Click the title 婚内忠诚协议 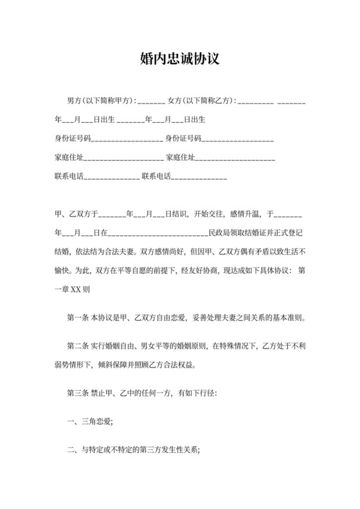coord(180,59)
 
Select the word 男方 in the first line coord(75,101)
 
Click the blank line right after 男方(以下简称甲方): coord(151,102)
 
